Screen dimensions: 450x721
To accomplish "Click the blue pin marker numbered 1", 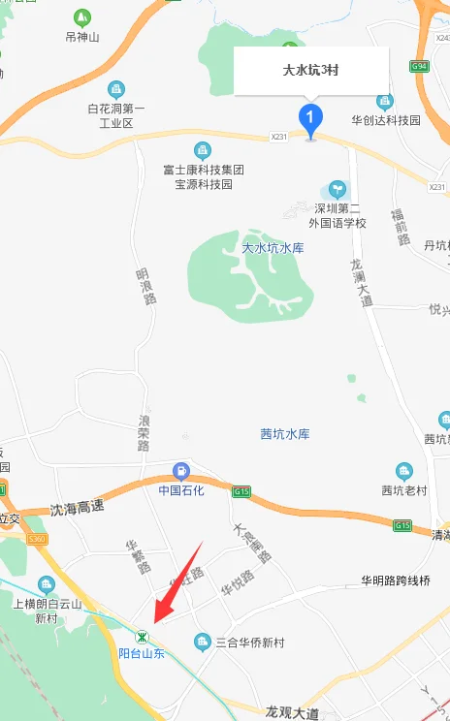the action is (310, 120).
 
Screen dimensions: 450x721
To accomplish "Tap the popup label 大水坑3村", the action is (310, 71).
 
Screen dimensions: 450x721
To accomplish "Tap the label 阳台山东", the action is (142, 654).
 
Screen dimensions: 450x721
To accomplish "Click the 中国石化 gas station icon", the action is (180, 472).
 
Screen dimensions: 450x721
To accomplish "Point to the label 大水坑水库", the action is (273, 248).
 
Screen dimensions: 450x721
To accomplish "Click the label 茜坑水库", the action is (284, 433).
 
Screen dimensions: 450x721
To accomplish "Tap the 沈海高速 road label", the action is (76, 507).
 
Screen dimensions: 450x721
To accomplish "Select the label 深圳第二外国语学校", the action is (337, 215).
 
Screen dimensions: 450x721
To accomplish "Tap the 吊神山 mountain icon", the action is (81, 17).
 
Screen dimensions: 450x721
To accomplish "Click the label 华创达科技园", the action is (385, 120).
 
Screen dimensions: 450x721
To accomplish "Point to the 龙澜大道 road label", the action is (361, 282).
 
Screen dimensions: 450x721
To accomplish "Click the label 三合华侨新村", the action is (246, 643).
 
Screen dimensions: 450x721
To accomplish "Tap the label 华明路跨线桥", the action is (396, 581).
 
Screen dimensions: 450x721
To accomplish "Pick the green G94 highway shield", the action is (419, 67).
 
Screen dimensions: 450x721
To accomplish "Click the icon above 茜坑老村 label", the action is (403, 471).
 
